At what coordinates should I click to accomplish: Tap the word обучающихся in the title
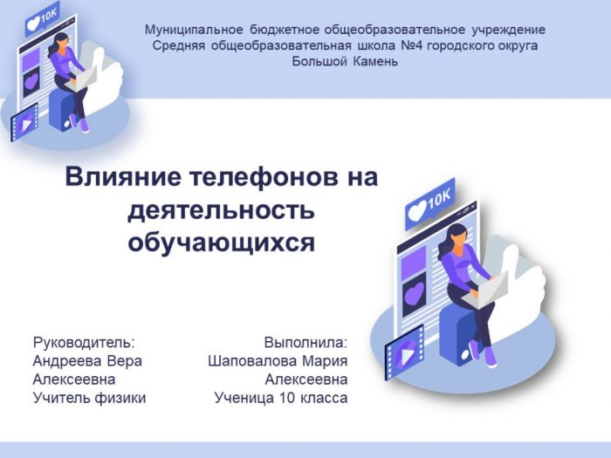pos(222,243)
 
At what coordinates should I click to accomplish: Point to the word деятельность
pos(221,210)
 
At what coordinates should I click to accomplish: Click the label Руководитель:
pos(84,343)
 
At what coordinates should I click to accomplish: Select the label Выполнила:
pos(305,343)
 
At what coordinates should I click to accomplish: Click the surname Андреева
pos(66,361)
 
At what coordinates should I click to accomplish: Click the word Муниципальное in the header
pos(194,30)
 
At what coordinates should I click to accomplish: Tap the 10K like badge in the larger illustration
pos(430,204)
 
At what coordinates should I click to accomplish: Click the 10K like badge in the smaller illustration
pos(41,19)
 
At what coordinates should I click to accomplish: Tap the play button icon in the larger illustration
pos(404,353)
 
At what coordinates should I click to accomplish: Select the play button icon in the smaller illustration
pos(24,123)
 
